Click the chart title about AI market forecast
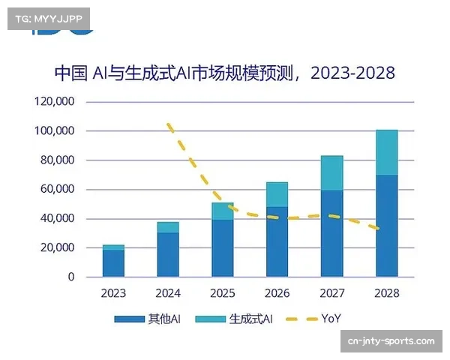(224, 73)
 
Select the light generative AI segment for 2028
(386, 152)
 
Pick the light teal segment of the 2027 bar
(331, 172)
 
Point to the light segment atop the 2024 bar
(168, 227)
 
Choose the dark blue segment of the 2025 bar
(223, 248)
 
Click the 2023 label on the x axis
(113, 293)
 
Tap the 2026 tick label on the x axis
(277, 293)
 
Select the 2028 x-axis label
(386, 293)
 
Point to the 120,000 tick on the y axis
(55, 101)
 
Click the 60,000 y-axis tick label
(58, 189)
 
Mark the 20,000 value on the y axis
(58, 247)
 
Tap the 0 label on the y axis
(71, 277)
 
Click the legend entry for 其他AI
(148, 319)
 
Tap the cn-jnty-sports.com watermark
(391, 341)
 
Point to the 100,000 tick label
(55, 130)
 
